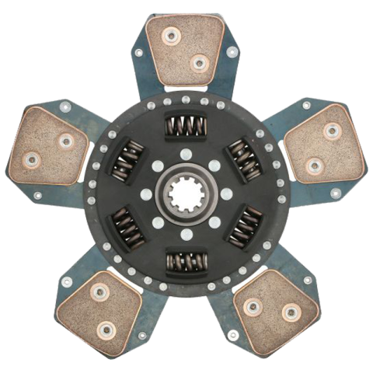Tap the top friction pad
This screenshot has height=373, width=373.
click(186, 51)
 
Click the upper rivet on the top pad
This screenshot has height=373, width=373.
click(169, 35)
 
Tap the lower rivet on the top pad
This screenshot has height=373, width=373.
click(199, 63)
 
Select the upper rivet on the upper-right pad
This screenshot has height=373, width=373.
click(332, 131)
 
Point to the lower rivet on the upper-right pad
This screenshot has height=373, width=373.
click(314, 165)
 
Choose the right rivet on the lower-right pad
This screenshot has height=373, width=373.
click(291, 313)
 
